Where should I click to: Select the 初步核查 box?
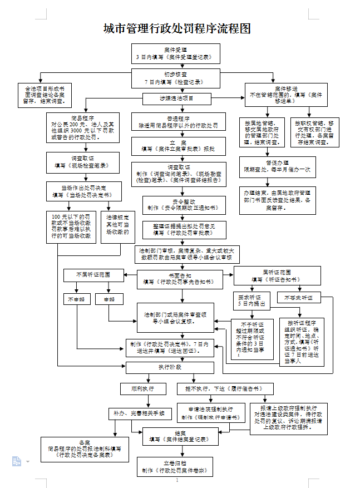[x=176, y=77]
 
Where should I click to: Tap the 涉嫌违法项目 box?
[x=175, y=99]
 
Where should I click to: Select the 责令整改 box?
[x=176, y=205]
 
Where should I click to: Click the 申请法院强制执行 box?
[x=210, y=413]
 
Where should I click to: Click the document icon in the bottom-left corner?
[x=17, y=461]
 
